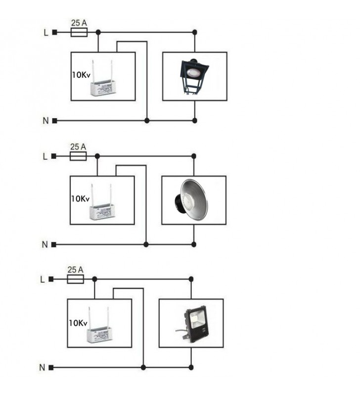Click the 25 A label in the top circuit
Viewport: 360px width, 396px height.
point(79,23)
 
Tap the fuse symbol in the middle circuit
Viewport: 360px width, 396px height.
point(78,156)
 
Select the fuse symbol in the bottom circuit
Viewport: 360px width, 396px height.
point(75,279)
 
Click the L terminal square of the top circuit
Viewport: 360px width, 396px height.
point(55,33)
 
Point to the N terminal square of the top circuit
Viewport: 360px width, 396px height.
point(55,120)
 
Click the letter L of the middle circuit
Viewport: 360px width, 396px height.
point(45,157)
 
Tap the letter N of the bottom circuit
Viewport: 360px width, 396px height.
point(42,368)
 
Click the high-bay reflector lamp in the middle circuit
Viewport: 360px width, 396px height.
point(193,199)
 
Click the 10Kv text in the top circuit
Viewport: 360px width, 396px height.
point(81,75)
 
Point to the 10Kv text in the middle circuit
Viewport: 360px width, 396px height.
point(80,199)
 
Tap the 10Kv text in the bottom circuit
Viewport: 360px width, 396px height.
point(78,323)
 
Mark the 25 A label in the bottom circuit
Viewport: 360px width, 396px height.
point(75,270)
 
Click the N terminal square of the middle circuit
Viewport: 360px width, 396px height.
point(54,244)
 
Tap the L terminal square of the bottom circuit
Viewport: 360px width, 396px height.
point(51,279)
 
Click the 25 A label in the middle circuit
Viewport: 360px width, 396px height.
point(78,147)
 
